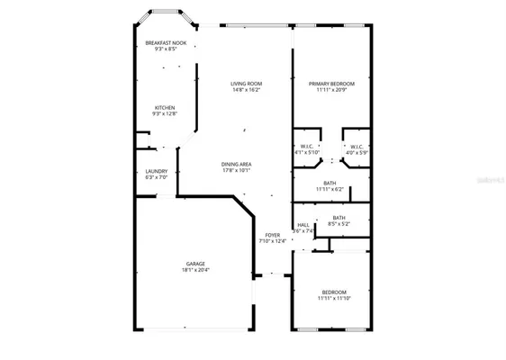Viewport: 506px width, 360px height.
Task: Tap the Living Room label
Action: pos(246,84)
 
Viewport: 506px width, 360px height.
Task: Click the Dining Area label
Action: pos(237,163)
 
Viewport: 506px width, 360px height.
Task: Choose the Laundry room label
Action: pos(157,171)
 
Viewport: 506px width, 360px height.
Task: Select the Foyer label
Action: pos(272,234)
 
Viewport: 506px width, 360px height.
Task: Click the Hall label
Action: pos(303,224)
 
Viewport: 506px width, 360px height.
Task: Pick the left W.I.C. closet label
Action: pos(306,146)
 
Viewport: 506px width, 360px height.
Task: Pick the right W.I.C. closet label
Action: pos(357,146)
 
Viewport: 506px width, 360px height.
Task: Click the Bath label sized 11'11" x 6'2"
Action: pos(330,183)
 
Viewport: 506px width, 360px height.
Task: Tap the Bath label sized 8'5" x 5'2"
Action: pos(339,217)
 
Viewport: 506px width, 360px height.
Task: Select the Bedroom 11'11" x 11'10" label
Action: pos(333,292)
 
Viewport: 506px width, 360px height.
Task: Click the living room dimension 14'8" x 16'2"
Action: pos(246,90)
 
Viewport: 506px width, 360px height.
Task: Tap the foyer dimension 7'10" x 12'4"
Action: pos(272,241)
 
